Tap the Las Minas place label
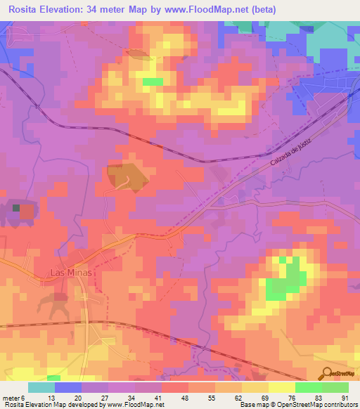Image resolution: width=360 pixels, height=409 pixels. coord(72,271)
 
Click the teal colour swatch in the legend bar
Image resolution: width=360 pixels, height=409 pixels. coord(41,387)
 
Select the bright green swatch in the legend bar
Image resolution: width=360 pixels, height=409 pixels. coord(308,387)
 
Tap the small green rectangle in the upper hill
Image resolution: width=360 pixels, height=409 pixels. coord(153,82)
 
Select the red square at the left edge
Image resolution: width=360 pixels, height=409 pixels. coord(26,210)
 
